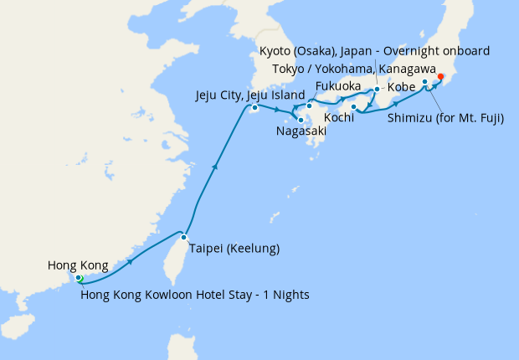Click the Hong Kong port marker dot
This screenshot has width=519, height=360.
tap(78, 278)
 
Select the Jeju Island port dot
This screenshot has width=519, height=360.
tap(255, 107)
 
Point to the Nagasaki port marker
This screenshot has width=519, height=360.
tap(301, 120)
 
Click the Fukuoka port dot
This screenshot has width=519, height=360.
tap(309, 105)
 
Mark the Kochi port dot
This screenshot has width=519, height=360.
tap(354, 107)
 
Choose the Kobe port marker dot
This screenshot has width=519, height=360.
tap(377, 89)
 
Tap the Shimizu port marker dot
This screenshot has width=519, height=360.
tap(425, 82)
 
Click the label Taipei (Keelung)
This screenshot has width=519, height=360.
tap(234, 249)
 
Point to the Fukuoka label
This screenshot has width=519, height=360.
tap(338, 86)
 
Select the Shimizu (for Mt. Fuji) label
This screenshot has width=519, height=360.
tap(445, 118)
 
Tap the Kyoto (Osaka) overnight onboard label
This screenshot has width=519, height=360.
tap(375, 51)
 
